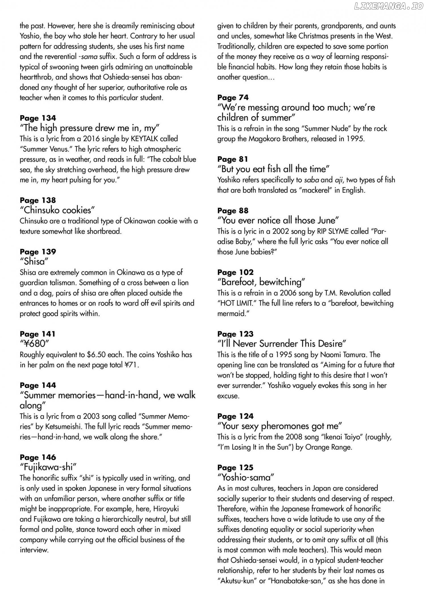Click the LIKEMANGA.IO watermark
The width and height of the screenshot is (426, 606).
(389, 7)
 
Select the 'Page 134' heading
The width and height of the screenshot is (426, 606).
(38, 118)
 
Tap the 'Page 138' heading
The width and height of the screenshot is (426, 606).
(38, 200)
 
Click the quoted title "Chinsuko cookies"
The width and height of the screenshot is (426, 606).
(57, 210)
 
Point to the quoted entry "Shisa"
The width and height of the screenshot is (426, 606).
(33, 261)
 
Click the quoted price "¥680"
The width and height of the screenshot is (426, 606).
(34, 344)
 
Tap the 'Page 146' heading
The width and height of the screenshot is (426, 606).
(38, 457)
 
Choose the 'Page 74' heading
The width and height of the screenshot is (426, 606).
(233, 98)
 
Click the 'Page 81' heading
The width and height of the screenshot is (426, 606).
(233, 159)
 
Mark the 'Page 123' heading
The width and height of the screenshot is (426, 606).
(235, 334)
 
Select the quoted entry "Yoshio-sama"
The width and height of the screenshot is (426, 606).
(246, 478)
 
